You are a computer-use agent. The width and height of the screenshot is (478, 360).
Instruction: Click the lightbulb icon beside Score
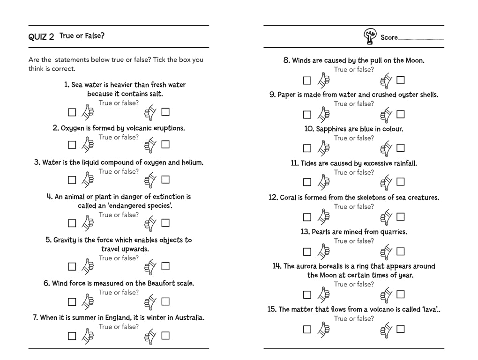point(370,37)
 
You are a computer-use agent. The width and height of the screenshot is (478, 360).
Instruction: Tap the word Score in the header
point(389,37)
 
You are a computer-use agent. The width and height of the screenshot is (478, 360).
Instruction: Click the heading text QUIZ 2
point(41,37)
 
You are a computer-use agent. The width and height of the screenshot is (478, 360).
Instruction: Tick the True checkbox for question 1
point(72,112)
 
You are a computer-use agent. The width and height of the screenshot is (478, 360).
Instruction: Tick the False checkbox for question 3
point(165,179)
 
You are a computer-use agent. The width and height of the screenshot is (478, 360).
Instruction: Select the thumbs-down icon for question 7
point(150,336)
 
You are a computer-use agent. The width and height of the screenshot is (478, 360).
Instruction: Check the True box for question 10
point(307,148)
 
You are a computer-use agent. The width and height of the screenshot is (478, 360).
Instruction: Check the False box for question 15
point(401,329)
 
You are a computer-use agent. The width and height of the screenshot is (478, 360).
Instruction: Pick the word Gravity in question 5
point(65,240)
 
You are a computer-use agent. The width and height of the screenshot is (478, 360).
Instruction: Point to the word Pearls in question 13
point(321,232)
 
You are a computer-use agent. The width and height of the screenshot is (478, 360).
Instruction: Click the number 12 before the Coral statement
point(273,198)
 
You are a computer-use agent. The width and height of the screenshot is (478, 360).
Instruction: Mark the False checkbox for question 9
point(401,114)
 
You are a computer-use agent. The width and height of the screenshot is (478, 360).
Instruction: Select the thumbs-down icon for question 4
point(150,223)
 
